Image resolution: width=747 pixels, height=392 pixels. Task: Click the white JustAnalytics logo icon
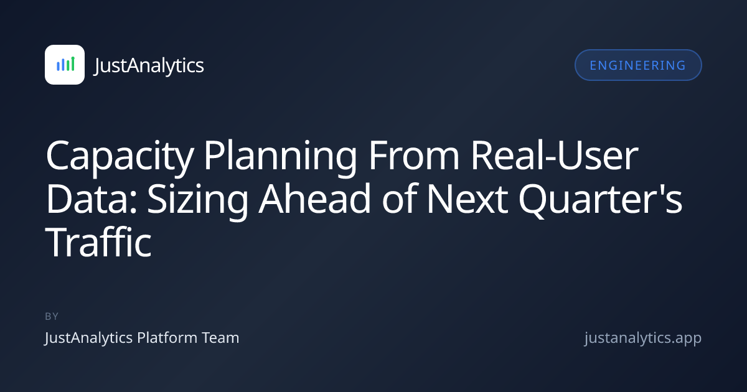coord(65,65)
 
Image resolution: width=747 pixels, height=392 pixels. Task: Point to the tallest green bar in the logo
coord(73,63)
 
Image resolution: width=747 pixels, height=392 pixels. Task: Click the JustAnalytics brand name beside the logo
coord(149,65)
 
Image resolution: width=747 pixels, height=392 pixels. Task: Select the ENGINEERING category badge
coord(638,65)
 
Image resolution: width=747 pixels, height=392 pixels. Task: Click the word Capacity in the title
coord(120,157)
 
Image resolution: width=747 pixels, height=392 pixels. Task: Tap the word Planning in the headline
coord(280,157)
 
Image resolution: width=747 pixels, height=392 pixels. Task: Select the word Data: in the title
coord(92,199)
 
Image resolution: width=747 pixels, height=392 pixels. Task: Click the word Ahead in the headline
coord(314,199)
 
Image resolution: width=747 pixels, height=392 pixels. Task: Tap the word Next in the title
coord(467,199)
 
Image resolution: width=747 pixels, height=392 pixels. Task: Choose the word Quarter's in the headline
coord(600,200)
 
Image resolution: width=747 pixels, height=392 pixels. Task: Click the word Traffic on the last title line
coord(98,242)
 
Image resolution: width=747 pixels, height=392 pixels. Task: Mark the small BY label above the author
coord(52,316)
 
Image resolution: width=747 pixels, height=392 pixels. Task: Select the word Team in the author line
coord(220,338)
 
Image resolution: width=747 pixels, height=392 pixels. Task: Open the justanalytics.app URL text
coord(643,338)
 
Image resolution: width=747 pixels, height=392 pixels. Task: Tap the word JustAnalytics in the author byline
coord(88,338)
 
